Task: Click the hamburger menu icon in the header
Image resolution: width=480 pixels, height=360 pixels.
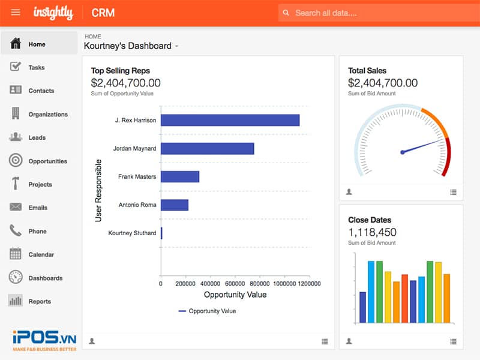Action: click(16, 12)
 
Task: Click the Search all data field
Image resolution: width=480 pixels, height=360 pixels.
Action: click(378, 13)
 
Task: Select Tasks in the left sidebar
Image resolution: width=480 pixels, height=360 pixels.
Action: click(36, 67)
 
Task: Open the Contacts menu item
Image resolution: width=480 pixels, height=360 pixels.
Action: click(41, 91)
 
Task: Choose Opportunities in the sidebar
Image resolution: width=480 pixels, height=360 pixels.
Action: click(47, 161)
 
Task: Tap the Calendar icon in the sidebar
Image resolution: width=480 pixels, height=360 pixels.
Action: click(16, 254)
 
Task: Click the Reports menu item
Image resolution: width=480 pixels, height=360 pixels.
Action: click(40, 301)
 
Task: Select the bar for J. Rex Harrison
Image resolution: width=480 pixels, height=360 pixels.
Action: click(230, 120)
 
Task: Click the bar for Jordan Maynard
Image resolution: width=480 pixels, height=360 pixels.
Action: click(207, 148)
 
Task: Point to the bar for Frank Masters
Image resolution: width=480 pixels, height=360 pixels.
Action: click(179, 176)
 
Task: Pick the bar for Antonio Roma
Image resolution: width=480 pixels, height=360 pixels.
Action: click(174, 205)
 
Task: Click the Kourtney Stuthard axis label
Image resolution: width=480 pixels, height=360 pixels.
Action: click(132, 233)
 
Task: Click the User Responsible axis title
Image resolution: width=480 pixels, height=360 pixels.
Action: click(98, 190)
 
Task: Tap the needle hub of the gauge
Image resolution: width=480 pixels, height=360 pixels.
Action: click(403, 152)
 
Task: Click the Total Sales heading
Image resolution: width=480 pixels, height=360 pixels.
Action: click(367, 70)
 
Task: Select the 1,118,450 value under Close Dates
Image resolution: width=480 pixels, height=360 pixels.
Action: click(372, 232)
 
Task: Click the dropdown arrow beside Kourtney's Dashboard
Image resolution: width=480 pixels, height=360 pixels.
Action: click(176, 46)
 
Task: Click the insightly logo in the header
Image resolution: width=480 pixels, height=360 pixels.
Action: click(53, 12)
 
